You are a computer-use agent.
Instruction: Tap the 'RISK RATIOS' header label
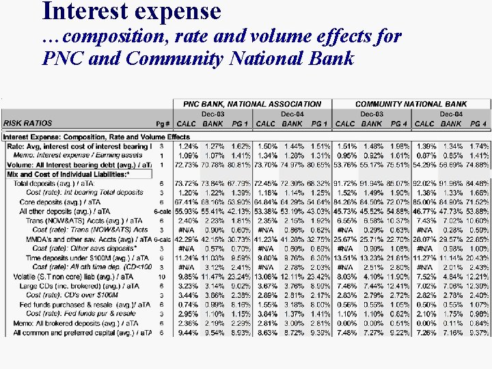pos(27,124)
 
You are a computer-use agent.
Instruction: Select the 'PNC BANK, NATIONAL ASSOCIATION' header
pos(252,104)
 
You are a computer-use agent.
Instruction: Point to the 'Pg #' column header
pos(162,124)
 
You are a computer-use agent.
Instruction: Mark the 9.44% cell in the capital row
pos(187,332)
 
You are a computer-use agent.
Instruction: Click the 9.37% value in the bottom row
pos(478,332)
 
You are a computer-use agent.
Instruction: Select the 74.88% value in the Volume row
pos(478,165)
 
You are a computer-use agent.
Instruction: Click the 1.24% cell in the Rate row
pos(187,146)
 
